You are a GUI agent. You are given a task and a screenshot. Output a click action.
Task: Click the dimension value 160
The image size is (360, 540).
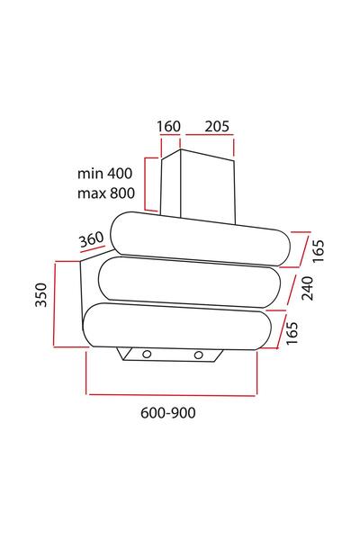point(169,126)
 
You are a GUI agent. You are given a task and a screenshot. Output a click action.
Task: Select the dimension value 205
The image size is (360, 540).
point(217,126)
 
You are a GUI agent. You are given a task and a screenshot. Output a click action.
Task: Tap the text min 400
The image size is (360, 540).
point(104,173)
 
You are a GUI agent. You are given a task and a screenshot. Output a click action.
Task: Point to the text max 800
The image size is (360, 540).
point(106,193)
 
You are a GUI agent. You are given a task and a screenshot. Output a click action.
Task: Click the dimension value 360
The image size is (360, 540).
point(92,239)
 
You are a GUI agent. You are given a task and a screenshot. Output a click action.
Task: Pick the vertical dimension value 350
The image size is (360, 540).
point(41,294)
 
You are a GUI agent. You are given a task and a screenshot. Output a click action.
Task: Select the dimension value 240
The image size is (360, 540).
point(307,288)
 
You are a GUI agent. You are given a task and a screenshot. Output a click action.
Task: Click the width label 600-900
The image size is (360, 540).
point(168,412)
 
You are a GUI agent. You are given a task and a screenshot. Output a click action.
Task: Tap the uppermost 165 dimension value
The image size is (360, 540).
point(319,251)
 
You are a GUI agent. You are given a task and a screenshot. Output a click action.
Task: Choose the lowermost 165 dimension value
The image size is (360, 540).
point(292,333)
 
